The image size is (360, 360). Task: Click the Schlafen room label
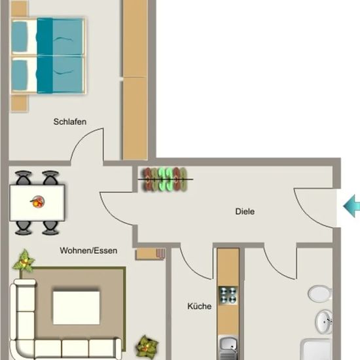click(x=70, y=122)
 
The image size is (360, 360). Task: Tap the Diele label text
click(x=245, y=211)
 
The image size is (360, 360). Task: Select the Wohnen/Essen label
click(x=88, y=250)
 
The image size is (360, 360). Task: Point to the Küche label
click(x=199, y=306)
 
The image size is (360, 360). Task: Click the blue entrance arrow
click(x=351, y=206)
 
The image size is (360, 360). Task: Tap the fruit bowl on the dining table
click(x=37, y=202)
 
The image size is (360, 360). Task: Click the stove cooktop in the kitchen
click(x=228, y=295)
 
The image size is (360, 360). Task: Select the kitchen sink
click(x=228, y=348)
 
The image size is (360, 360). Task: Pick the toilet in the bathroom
click(x=320, y=293)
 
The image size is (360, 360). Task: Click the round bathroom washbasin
click(x=324, y=322)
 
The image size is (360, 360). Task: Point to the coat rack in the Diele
click(x=166, y=179)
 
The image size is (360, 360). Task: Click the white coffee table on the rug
click(x=76, y=308)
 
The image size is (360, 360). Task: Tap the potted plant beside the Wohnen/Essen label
click(x=24, y=261)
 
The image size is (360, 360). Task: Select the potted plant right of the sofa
click(x=147, y=347)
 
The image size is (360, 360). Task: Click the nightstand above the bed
click(x=19, y=9)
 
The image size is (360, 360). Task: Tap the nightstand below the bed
click(x=20, y=103)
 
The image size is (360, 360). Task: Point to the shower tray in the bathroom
click(x=316, y=350)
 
